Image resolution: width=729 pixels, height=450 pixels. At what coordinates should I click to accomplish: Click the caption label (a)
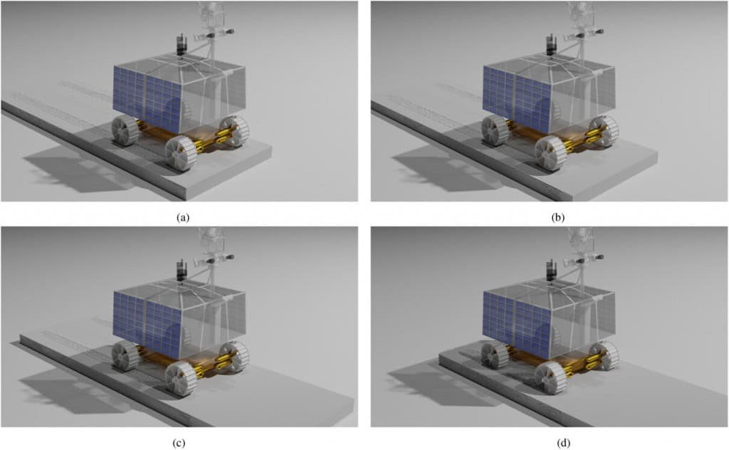[183, 217]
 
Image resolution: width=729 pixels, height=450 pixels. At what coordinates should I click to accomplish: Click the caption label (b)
[557, 217]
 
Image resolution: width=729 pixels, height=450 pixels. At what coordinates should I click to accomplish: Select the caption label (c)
[179, 443]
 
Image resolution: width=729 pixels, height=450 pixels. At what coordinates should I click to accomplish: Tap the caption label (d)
[564, 443]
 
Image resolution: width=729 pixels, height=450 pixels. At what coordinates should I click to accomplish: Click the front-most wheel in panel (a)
[181, 153]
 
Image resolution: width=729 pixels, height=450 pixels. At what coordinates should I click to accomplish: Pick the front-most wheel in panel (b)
[550, 153]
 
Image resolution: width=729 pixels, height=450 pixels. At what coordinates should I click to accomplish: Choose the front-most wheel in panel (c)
[181, 379]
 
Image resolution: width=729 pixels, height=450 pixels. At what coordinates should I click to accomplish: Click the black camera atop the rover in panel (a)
[182, 45]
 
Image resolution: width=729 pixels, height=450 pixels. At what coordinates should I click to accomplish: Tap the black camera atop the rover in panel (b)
[551, 45]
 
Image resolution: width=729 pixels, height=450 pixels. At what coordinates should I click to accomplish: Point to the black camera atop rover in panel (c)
[182, 271]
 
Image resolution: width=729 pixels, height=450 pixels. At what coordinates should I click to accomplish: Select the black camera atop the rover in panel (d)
[551, 271]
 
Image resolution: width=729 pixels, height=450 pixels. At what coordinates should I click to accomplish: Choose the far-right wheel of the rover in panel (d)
[605, 355]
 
